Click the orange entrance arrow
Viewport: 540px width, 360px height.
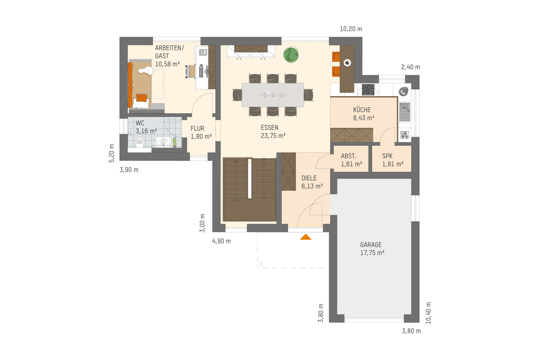point(306,237)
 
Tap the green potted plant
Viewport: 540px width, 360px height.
point(291,55)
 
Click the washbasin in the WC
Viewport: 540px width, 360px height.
point(163,141)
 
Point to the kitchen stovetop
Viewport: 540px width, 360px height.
point(368,90)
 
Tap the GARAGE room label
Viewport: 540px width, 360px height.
point(371,245)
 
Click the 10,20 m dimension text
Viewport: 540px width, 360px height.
point(351,29)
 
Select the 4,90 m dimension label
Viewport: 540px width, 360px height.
point(221,241)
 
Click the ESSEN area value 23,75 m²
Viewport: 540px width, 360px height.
point(273,136)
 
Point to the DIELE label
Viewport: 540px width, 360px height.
point(309,178)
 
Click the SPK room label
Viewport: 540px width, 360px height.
point(387,156)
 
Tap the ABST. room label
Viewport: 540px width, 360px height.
point(348,156)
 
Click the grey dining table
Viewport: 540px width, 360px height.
point(273,95)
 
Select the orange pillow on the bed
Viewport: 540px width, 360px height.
point(141,98)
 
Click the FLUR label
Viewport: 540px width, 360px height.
point(197,129)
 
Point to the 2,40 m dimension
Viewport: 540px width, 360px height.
point(410,67)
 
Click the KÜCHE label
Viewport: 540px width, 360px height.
point(362,110)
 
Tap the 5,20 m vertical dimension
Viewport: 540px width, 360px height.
point(112,153)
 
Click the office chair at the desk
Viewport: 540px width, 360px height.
point(190,71)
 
